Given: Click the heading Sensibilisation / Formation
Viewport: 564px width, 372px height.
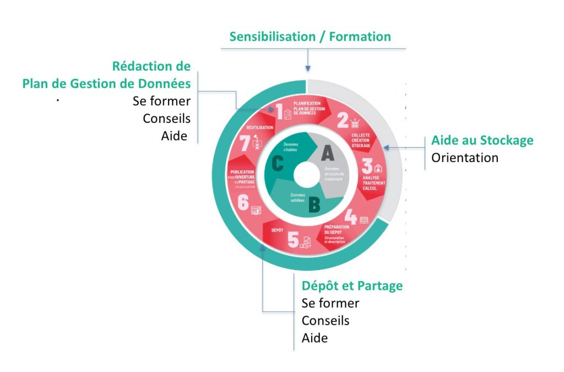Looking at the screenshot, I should (x=310, y=37).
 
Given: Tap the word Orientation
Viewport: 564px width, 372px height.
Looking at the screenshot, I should (x=465, y=158).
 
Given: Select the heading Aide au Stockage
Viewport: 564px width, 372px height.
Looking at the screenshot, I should (x=482, y=140).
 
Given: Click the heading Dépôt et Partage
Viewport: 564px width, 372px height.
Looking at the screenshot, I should (x=352, y=286).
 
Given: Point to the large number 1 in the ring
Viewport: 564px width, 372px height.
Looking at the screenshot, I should (x=279, y=112).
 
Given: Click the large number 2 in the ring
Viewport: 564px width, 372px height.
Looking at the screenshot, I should (x=343, y=120).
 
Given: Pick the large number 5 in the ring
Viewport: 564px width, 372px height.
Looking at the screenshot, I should (x=293, y=240).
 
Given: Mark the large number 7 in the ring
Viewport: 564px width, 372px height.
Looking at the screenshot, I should (x=245, y=144).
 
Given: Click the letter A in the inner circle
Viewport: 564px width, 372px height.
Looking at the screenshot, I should (x=327, y=153).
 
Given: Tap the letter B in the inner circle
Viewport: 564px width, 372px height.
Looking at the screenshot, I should (x=314, y=206).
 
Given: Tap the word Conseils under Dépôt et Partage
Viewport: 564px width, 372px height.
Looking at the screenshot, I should (x=326, y=320).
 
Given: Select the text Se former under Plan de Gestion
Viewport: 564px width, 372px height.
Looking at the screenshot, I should (x=162, y=101).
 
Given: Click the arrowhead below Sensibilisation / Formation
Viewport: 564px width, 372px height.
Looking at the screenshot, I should (x=308, y=68).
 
